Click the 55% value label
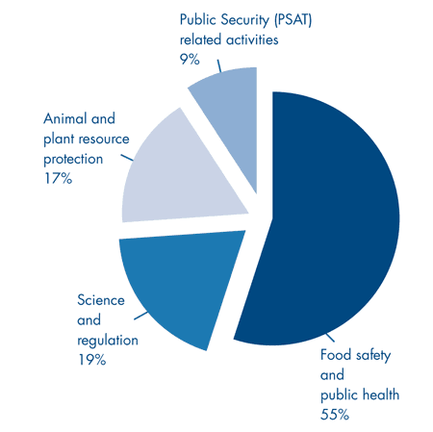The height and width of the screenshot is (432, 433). point(334,415)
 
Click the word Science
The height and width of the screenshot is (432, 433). point(101,300)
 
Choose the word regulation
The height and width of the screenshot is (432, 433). point(108,340)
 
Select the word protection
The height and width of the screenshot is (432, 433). point(81,159)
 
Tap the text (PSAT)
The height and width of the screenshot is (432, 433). point(282,19)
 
